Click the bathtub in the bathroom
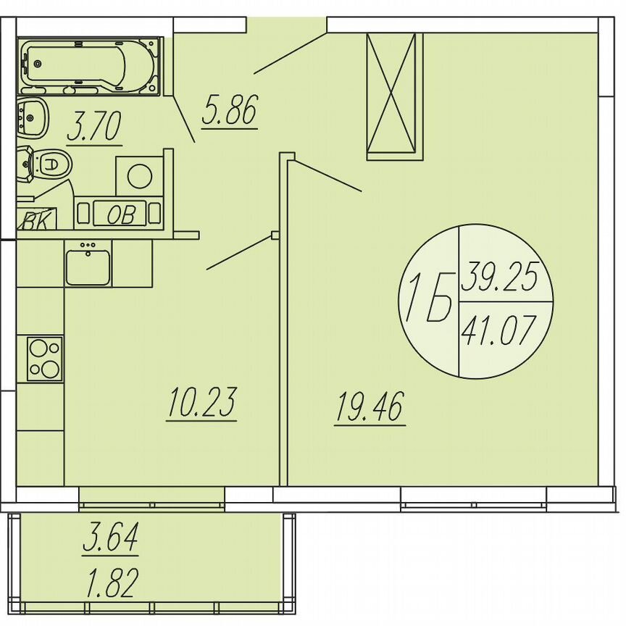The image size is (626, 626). pyautogui.click(x=90, y=66)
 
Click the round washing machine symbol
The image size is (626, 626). pyautogui.click(x=139, y=175)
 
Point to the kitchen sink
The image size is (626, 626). pyautogui.click(x=88, y=266)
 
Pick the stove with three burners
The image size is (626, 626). pyautogui.click(x=45, y=359)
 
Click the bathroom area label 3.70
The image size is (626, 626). pyautogui.click(x=93, y=128)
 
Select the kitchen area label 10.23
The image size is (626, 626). pyautogui.click(x=201, y=404)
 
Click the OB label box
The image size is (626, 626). pyautogui.click(x=120, y=214)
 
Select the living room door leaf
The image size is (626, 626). pyautogui.click(x=326, y=176)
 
